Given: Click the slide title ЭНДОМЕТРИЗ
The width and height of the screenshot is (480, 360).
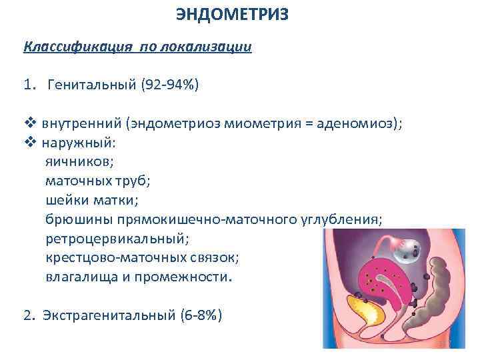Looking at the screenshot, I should coord(233,15).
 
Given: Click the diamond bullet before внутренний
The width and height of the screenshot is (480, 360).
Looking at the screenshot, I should coord(29,123).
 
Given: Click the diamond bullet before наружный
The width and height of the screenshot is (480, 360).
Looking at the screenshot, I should coord(29,142).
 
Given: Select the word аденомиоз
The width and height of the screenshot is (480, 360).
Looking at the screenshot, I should coord(360,123).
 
